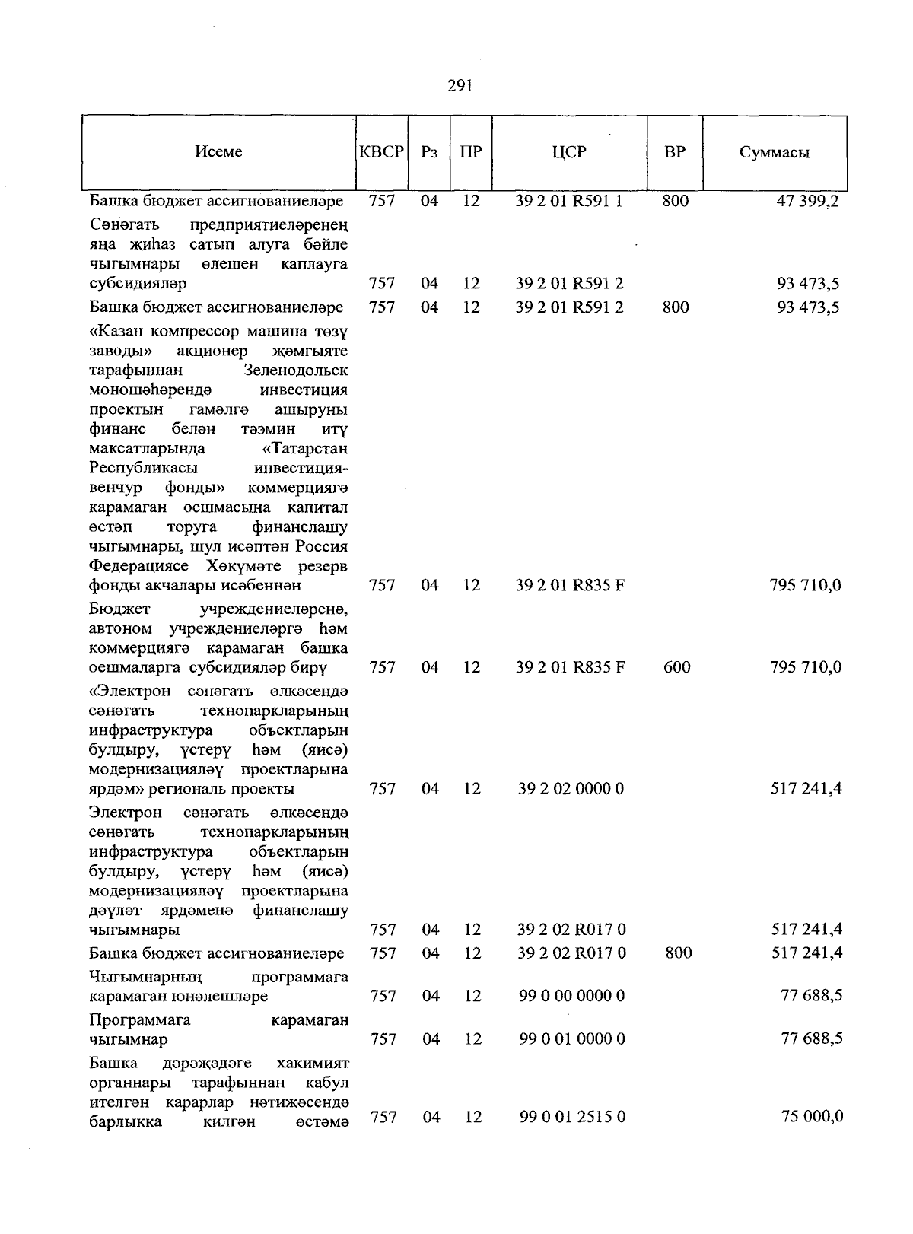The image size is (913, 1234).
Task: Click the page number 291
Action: pyautogui.click(x=460, y=85)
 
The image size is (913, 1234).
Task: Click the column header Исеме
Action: pyautogui.click(x=218, y=151)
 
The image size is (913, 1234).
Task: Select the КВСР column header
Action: pyautogui.click(x=381, y=151)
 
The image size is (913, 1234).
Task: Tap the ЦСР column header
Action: pyautogui.click(x=569, y=151)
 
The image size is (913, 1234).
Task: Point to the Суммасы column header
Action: pyautogui.click(x=774, y=152)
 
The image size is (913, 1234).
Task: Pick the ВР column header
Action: pyautogui.click(x=674, y=151)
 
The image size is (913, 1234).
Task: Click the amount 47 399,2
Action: pyautogui.click(x=807, y=201)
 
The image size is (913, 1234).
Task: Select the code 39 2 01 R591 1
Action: pyautogui.click(x=568, y=201)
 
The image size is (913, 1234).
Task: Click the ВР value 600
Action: pyautogui.click(x=676, y=667)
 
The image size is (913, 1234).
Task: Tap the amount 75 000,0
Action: pyautogui.click(x=812, y=1117)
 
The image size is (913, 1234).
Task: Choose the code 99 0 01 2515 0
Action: pyautogui.click(x=572, y=1117)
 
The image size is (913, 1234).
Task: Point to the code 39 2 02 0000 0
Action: pyautogui.click(x=571, y=788)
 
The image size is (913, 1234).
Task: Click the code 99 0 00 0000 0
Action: pyautogui.click(x=572, y=995)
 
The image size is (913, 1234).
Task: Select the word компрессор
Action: pyautogui.click(x=194, y=332)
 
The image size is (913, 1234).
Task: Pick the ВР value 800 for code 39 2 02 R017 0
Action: pyautogui.click(x=678, y=953)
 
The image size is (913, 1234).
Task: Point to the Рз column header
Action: pyautogui.click(x=429, y=151)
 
